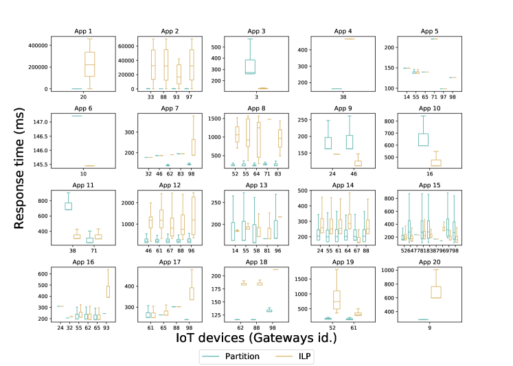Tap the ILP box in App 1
89,64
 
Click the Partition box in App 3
250,66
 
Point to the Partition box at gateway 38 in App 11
68,206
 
